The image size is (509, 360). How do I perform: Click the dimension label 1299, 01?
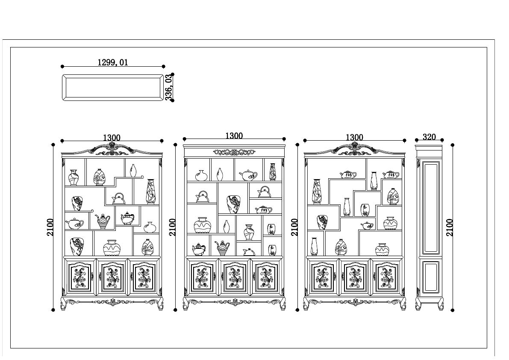[113, 62]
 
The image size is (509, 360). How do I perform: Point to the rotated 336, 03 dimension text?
[169, 87]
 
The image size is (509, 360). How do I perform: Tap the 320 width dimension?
[429, 137]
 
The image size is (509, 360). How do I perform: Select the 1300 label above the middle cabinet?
[234, 136]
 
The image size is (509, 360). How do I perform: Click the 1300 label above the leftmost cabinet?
[112, 138]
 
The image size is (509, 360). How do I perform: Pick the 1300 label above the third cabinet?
[354, 138]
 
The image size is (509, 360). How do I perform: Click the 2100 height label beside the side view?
[450, 227]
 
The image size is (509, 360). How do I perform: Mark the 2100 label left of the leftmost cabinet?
[50, 227]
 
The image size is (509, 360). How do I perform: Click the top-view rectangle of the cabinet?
[113, 88]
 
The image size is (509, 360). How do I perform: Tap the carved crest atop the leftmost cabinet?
[112, 148]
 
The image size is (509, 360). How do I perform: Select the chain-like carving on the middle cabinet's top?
[234, 152]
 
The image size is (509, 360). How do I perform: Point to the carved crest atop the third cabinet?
[354, 148]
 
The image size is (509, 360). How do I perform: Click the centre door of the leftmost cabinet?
[112, 277]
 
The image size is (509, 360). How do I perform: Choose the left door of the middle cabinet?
[202, 277]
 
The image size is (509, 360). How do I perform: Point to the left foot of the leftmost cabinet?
[64, 305]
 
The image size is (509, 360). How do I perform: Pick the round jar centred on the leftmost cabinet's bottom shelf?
[111, 248]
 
